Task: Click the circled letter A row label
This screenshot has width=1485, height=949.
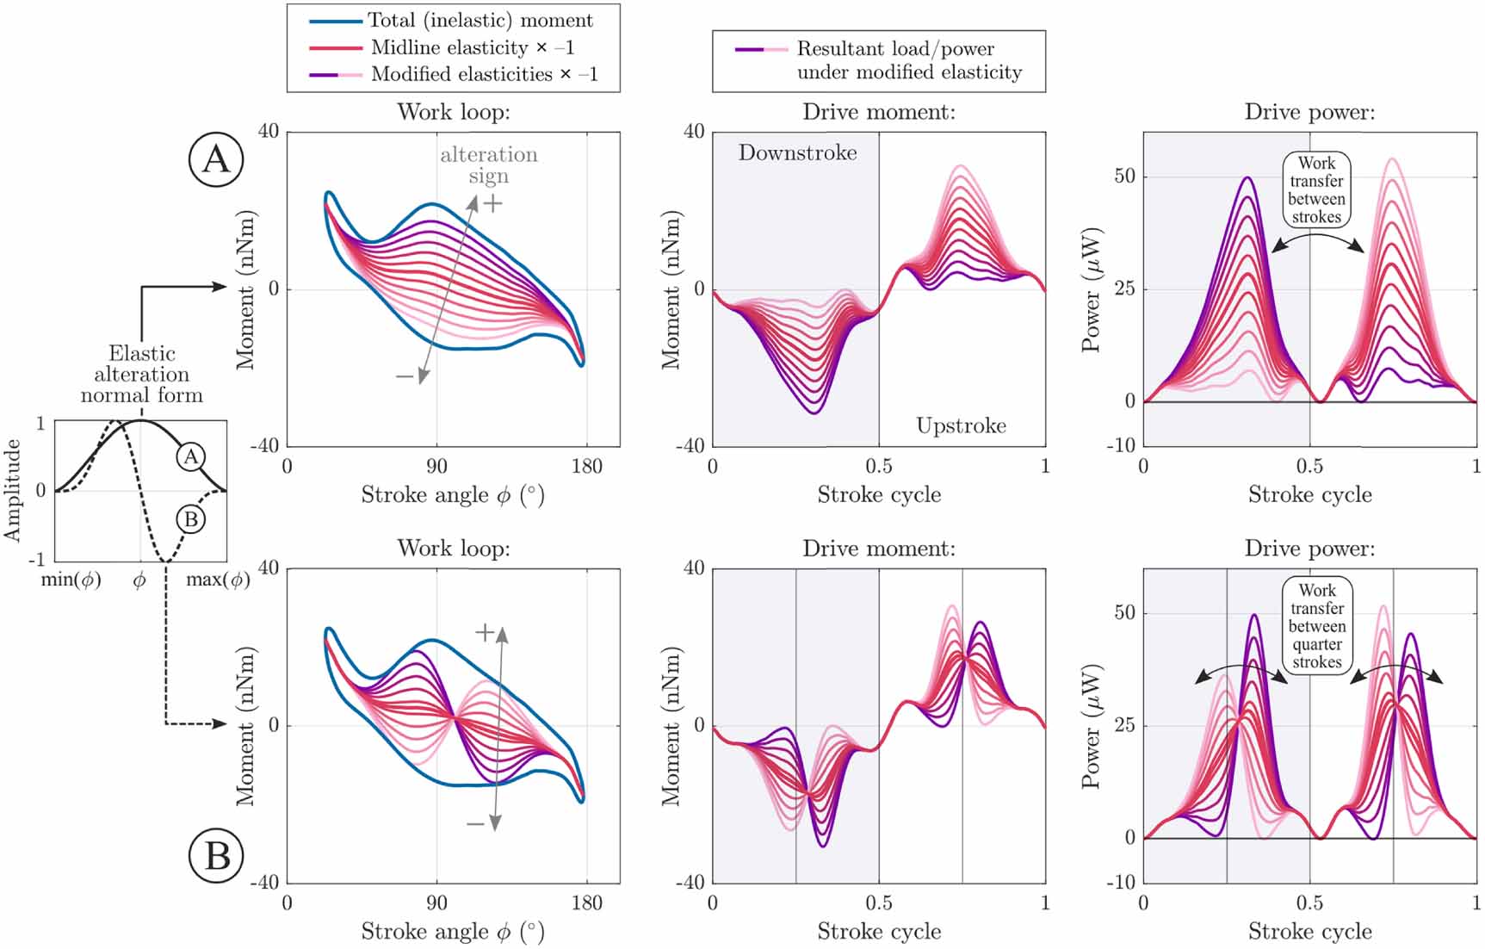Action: click(x=216, y=159)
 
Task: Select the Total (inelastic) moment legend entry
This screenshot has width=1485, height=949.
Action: click(x=480, y=20)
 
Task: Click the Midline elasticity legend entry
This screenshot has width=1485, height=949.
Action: click(x=472, y=47)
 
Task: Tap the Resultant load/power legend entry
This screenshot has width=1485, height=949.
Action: click(x=895, y=60)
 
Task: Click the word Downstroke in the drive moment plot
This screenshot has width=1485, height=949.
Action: click(x=797, y=153)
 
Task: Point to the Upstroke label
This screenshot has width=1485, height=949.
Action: click(x=961, y=425)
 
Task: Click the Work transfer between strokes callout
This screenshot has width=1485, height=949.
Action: click(x=1316, y=189)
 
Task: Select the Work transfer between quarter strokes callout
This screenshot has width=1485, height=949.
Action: click(x=1316, y=626)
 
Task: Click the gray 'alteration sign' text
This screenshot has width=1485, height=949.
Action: click(x=488, y=164)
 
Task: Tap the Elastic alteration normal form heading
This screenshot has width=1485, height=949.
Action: click(x=142, y=375)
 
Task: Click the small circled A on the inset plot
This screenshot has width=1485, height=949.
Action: click(x=191, y=456)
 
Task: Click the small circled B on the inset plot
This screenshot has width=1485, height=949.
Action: click(x=191, y=519)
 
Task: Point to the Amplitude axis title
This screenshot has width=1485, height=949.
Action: click(x=12, y=490)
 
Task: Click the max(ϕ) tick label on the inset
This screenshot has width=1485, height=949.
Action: click(x=218, y=580)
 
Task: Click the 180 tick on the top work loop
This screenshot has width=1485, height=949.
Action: click(x=587, y=467)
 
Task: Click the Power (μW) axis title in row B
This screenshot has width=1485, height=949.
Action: click(x=1091, y=726)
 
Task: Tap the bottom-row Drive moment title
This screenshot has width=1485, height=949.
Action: click(x=878, y=549)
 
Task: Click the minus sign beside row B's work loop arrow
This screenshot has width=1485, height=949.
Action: click(x=475, y=824)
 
